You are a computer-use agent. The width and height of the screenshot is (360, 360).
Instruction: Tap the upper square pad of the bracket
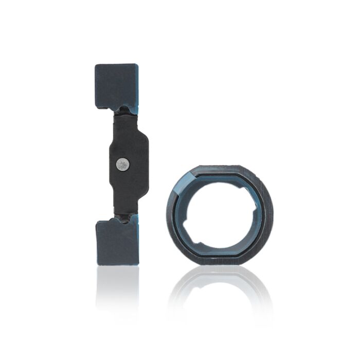[x=116, y=84]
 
